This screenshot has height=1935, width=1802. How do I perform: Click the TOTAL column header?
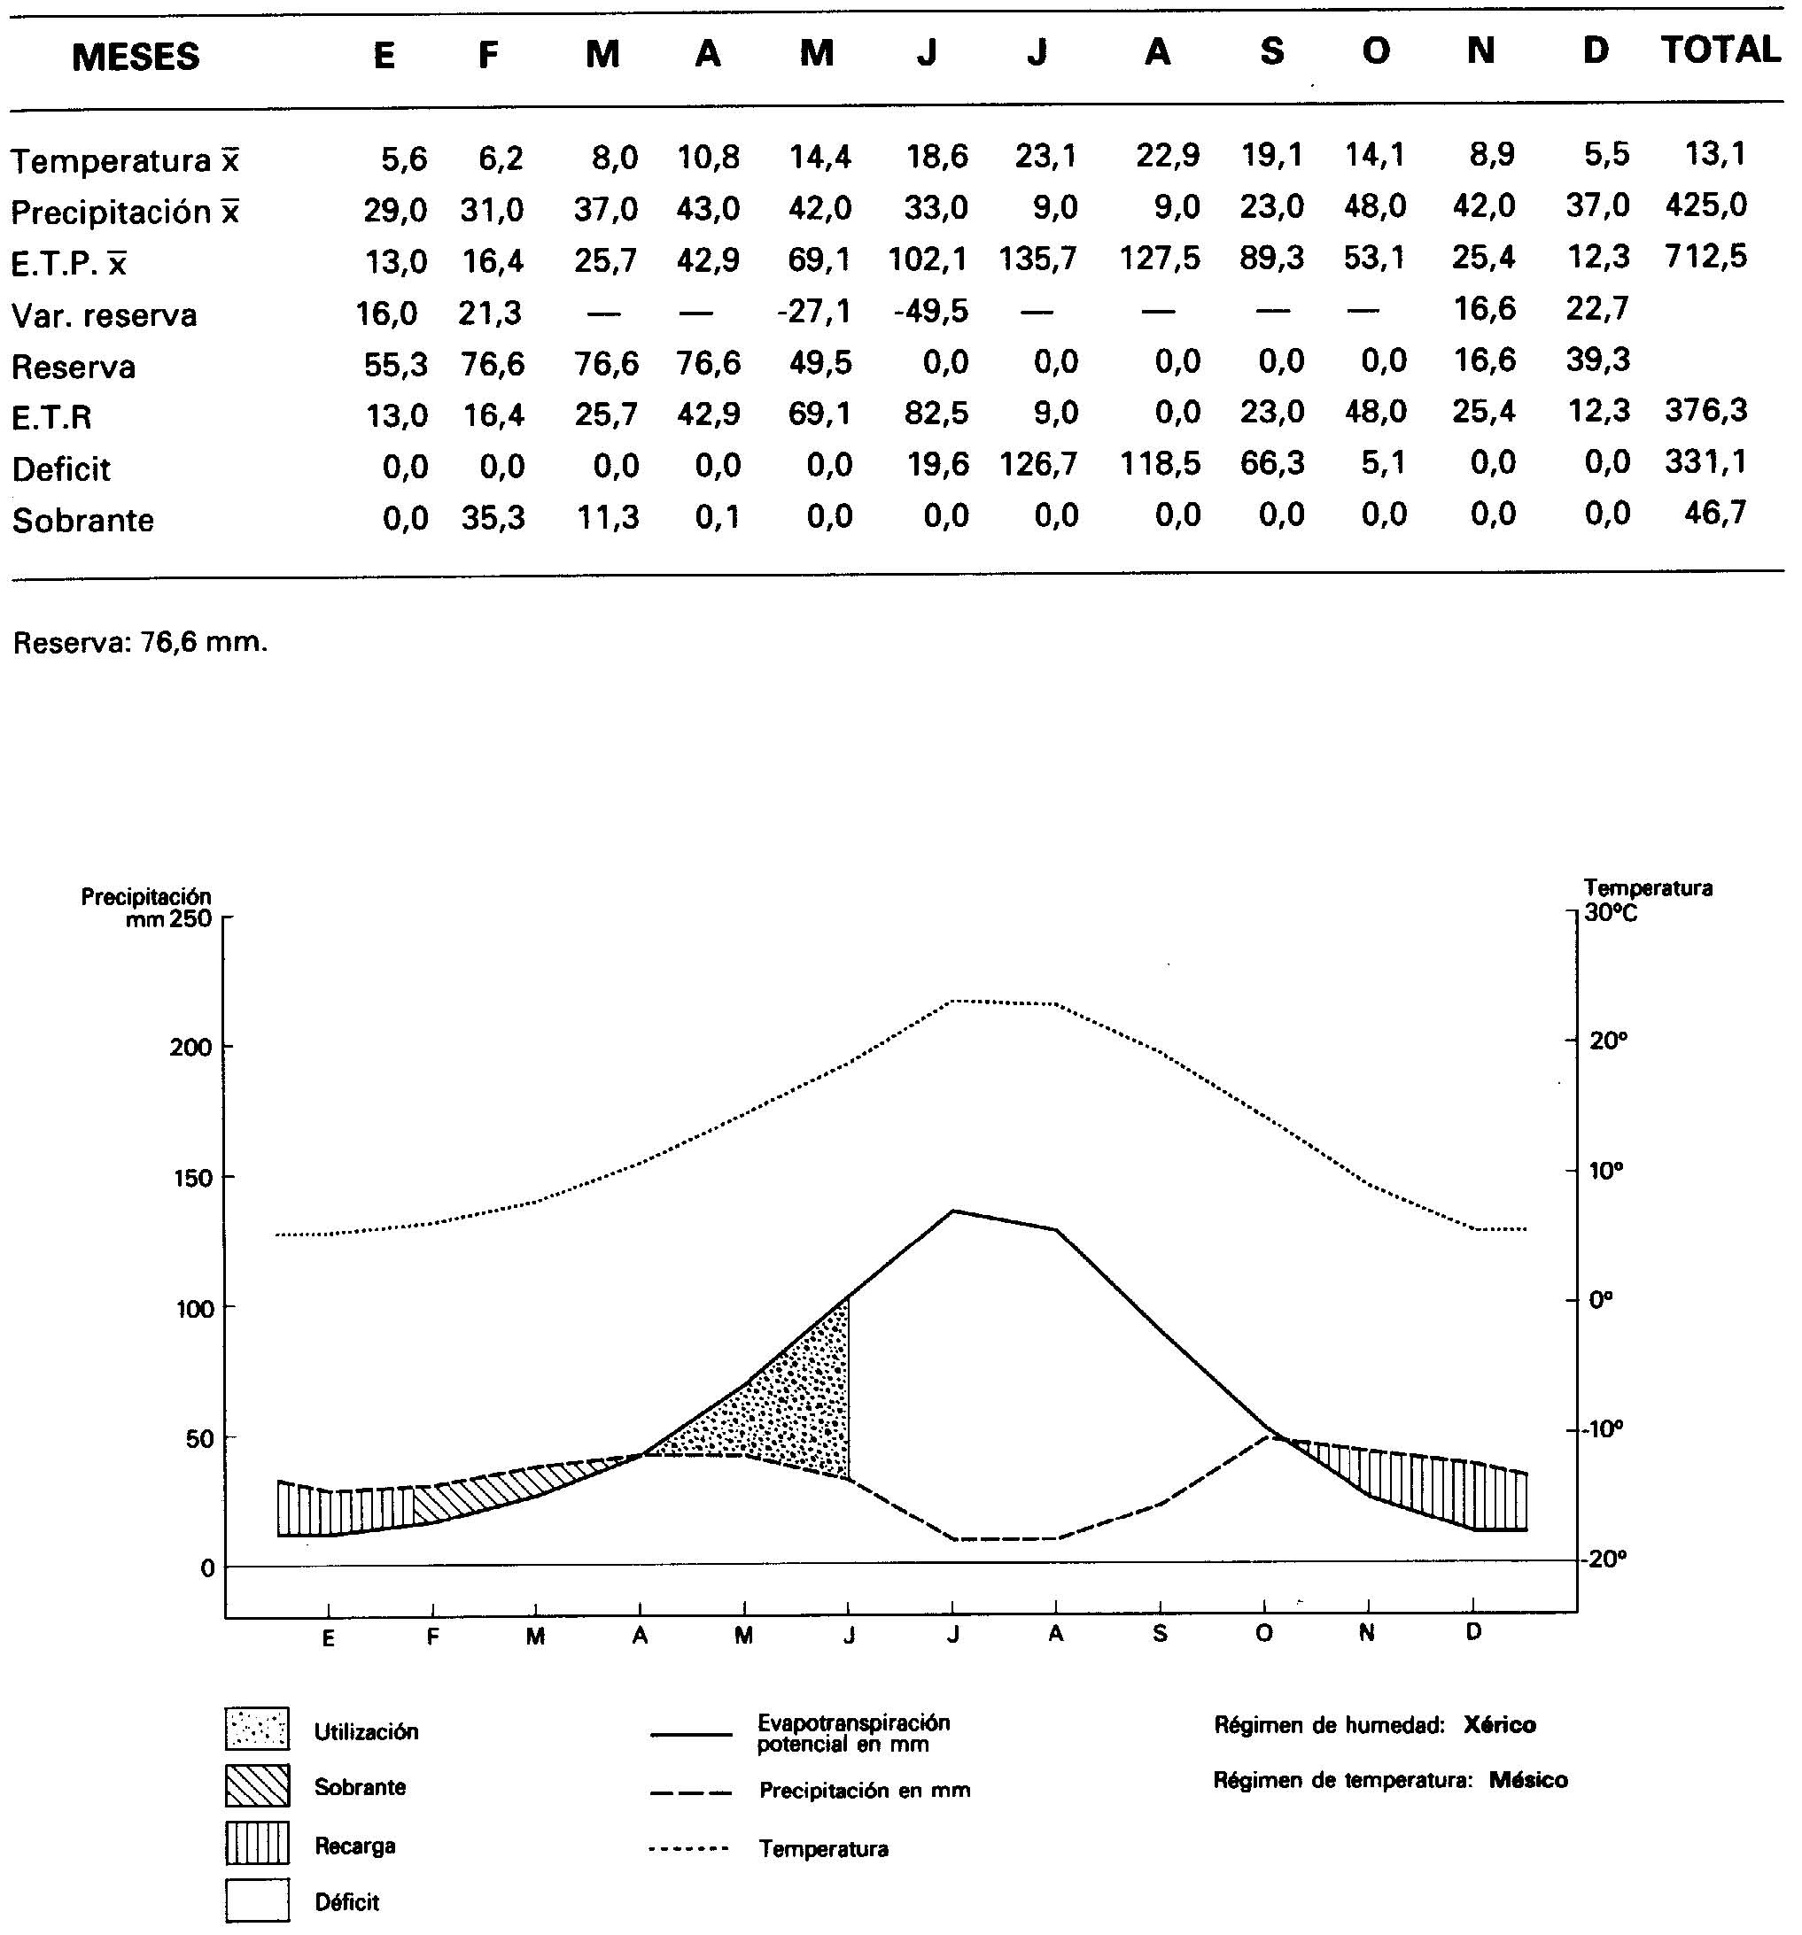pos(1720,50)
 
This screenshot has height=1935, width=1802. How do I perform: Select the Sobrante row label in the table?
pos(82,521)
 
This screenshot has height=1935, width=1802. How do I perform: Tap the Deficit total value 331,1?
pos(1705,461)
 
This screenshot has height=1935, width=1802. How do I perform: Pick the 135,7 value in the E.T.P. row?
pos(1037,259)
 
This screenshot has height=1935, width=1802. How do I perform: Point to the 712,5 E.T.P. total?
pos(1705,257)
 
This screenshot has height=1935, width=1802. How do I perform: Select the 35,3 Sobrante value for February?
pos(493,518)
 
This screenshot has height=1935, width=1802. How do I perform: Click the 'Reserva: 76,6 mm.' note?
pos(140,642)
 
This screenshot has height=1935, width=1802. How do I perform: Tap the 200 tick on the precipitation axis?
pos(190,1048)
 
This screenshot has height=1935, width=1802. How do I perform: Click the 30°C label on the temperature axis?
pos(1611,912)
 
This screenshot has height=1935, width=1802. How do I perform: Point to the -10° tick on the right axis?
pos(1603,1428)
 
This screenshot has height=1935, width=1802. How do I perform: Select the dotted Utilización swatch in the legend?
pos(257,1728)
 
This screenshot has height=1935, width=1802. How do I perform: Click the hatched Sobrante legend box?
pos(257,1785)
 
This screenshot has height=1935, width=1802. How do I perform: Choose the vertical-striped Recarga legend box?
pos(257,1843)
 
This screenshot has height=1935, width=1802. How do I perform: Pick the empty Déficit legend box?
pos(257,1900)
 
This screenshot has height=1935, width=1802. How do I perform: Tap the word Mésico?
pos(1528,1780)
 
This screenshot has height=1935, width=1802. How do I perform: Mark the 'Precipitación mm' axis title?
pos(146,906)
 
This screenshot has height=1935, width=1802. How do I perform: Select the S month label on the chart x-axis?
pos(1160,1634)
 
